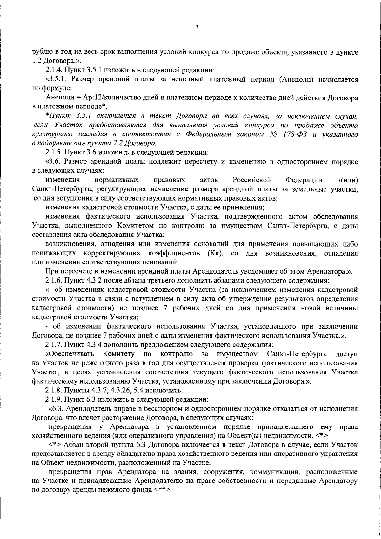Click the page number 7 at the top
coord(197,28)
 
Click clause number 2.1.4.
coord(54,70)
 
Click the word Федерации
coord(304,180)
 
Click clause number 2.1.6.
coord(54,281)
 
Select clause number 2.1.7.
coord(54,345)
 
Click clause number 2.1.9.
coord(54,399)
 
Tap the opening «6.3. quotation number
coord(56,409)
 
